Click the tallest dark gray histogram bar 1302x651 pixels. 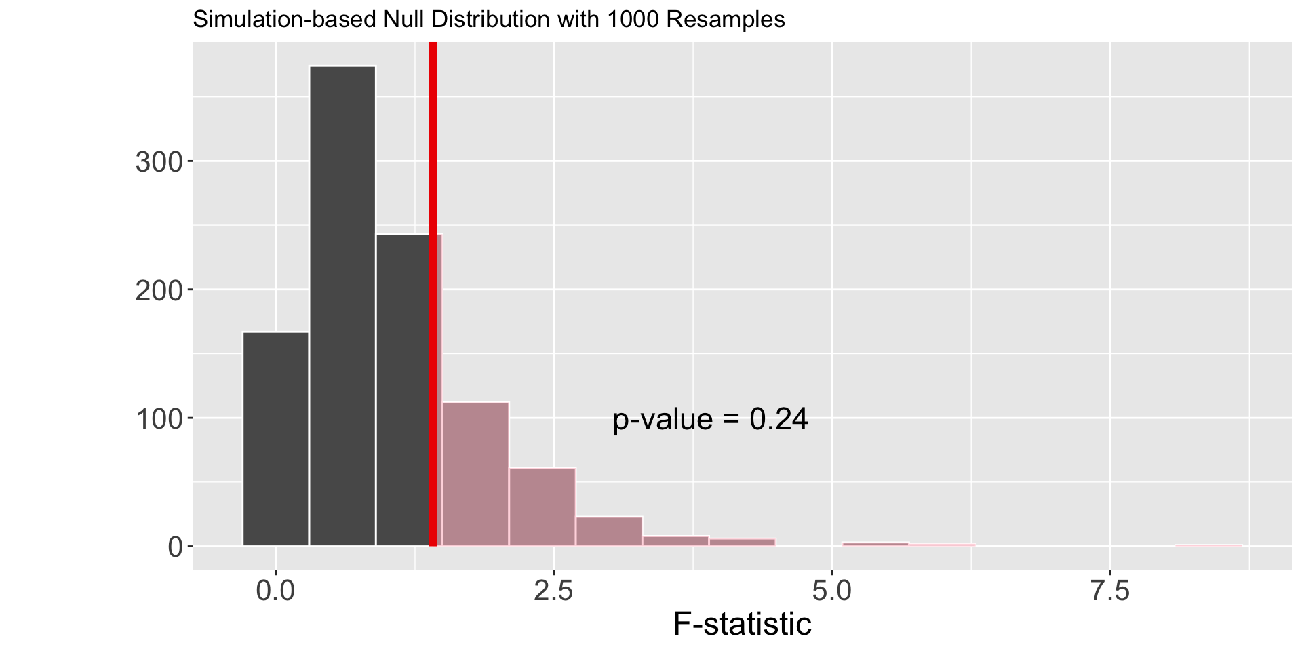coord(342,305)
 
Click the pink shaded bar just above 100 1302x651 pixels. coord(475,475)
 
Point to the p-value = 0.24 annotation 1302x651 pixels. coord(710,420)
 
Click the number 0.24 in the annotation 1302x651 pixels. coord(778,420)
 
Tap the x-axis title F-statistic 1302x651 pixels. coord(742,624)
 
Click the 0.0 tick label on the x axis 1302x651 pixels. coord(276,591)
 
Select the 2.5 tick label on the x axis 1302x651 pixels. coord(554,591)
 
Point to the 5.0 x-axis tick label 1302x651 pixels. coord(832,591)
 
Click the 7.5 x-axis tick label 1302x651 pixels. coord(1110,591)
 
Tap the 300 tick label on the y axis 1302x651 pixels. coord(159,162)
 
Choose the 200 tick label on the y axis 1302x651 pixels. coord(159,290)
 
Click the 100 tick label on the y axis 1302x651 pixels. coord(159,418)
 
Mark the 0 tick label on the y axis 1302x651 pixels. coord(176,547)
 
